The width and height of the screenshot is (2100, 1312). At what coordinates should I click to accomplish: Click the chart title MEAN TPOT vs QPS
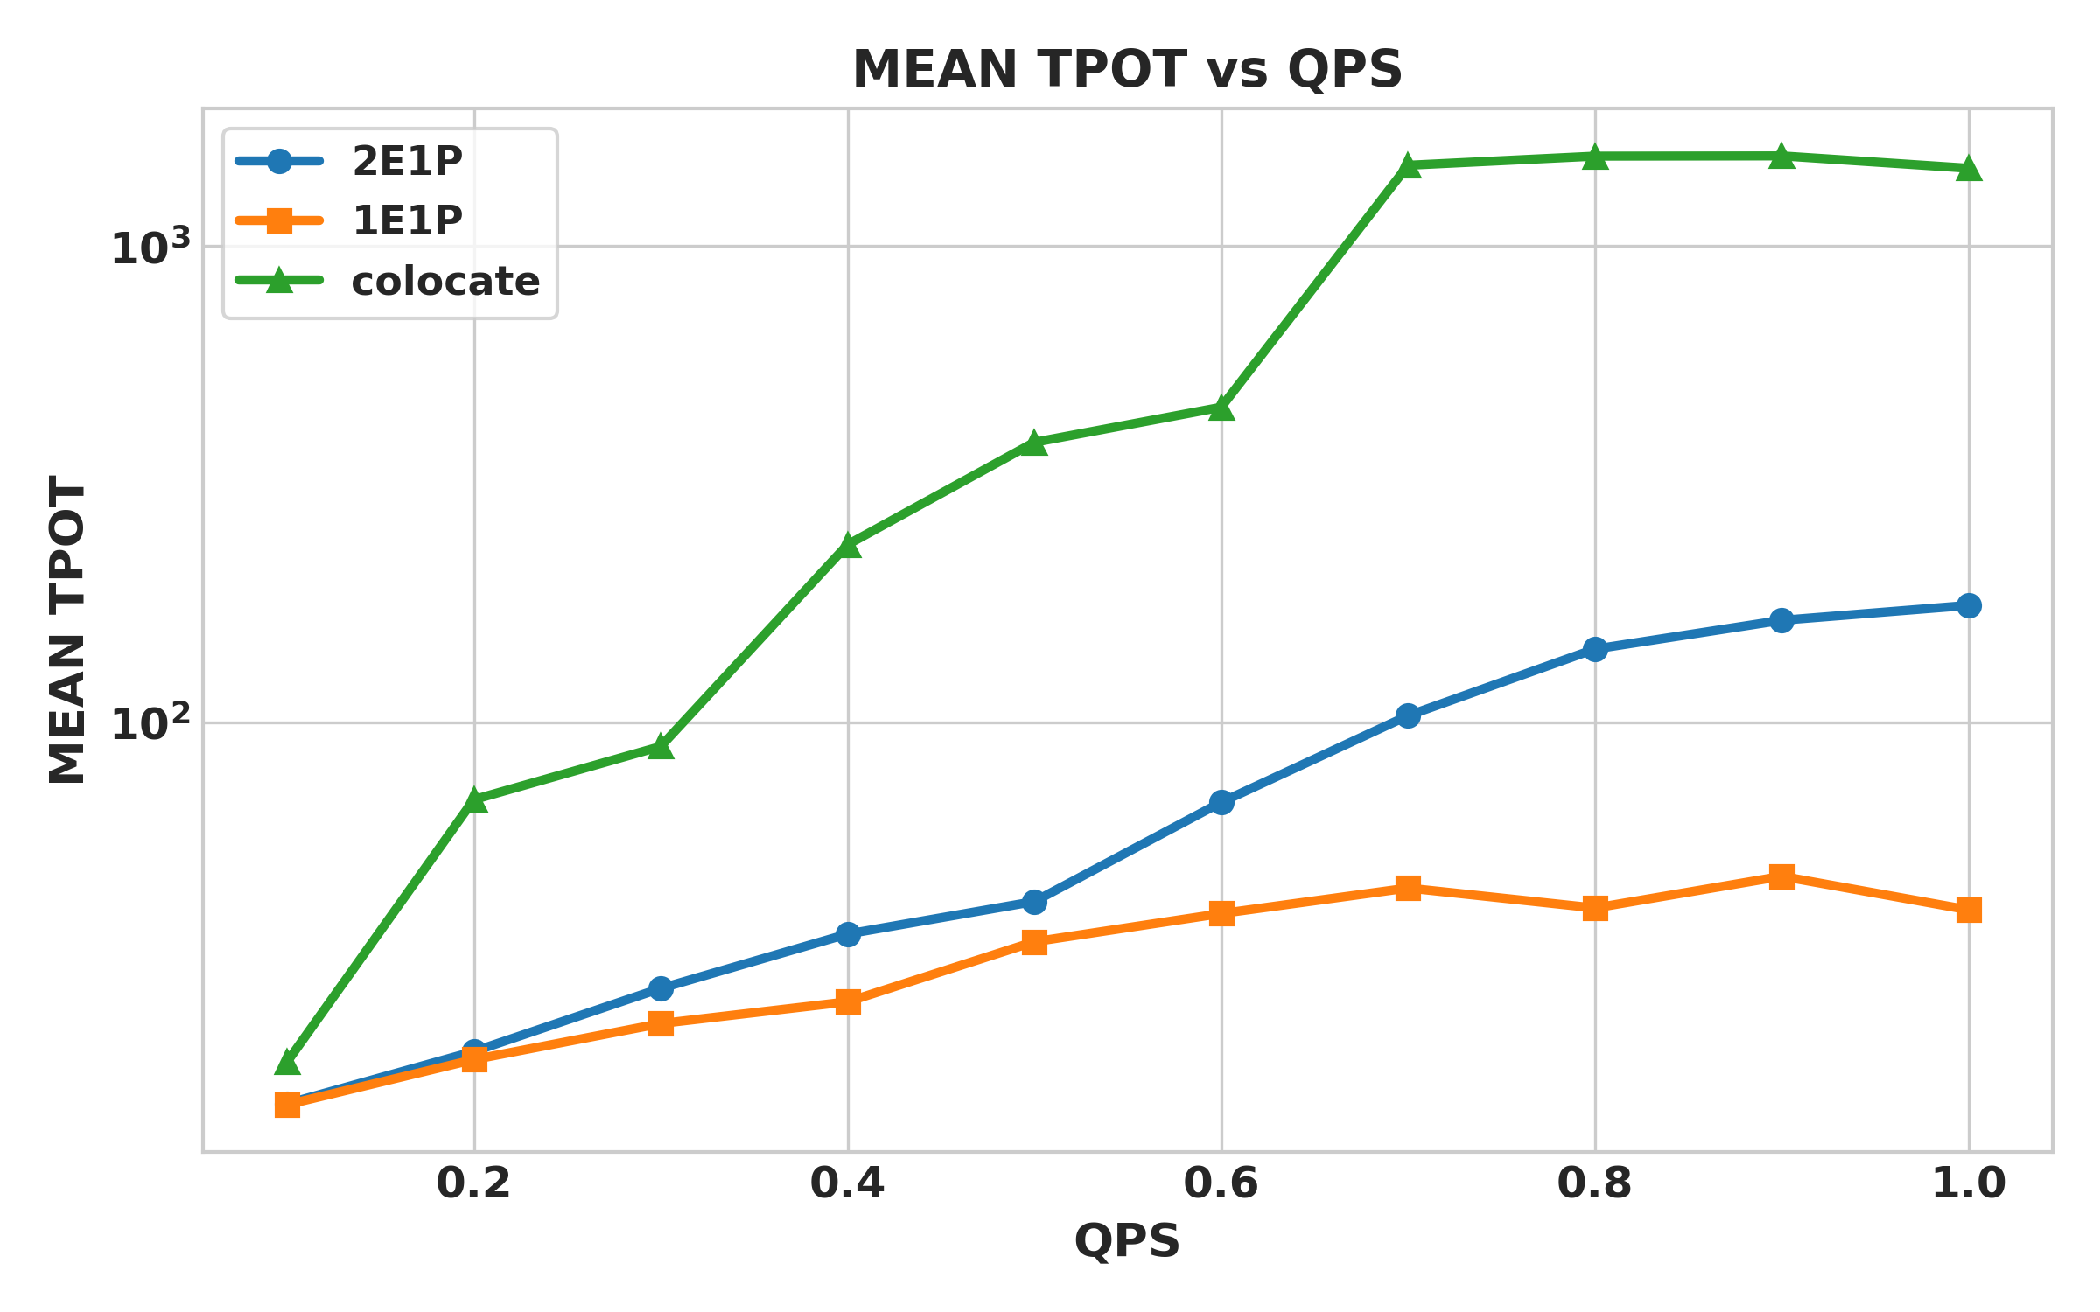point(1127,70)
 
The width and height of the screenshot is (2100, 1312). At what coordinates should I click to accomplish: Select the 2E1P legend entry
point(406,162)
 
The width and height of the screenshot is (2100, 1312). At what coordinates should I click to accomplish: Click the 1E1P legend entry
point(406,220)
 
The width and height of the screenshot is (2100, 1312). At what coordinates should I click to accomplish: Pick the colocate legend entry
point(444,282)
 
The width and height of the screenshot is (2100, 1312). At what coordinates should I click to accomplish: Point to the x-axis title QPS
point(1127,1240)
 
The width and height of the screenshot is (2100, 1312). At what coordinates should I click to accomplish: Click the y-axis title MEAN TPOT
point(68,630)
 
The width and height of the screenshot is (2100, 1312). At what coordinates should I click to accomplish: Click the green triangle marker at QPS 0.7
point(1408,165)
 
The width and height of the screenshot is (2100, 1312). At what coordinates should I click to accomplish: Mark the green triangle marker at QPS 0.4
point(847,546)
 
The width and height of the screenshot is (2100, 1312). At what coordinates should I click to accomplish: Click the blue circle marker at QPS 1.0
point(1969,605)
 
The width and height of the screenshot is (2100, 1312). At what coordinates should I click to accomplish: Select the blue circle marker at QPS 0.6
point(1221,802)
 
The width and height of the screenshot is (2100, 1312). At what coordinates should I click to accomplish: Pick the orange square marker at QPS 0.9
point(1781,876)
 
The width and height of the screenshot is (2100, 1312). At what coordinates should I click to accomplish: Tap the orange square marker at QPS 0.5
point(1034,942)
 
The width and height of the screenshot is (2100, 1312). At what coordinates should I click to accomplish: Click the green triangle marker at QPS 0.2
point(474,799)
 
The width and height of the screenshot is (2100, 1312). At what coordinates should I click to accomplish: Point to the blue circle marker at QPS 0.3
point(661,989)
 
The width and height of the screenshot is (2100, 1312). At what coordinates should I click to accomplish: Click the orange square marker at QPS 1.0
point(1969,911)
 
